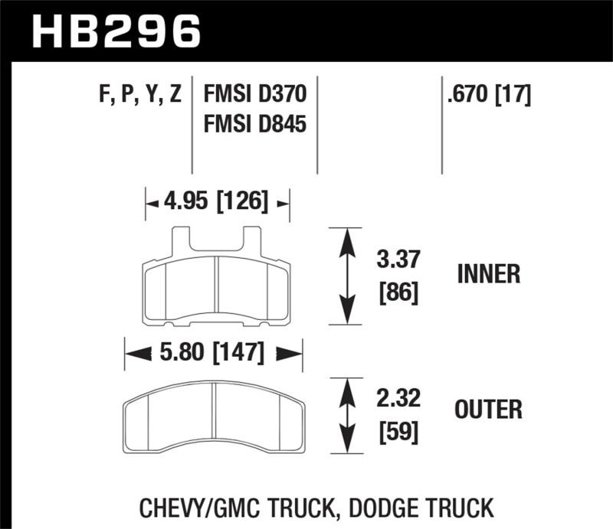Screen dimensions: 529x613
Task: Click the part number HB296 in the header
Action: point(116,32)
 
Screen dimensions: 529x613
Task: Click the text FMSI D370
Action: point(255,96)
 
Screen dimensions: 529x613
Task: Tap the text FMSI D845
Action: point(255,122)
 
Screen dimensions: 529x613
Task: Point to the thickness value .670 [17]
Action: point(487,96)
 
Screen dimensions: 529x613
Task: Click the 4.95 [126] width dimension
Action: point(217,202)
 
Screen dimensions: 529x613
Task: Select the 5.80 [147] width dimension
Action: point(213,353)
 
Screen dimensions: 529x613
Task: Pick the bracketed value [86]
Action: point(399,292)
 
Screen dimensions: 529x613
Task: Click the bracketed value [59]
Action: point(399,433)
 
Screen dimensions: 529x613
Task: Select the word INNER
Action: point(488,274)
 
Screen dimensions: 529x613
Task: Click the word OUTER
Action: point(488,410)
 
